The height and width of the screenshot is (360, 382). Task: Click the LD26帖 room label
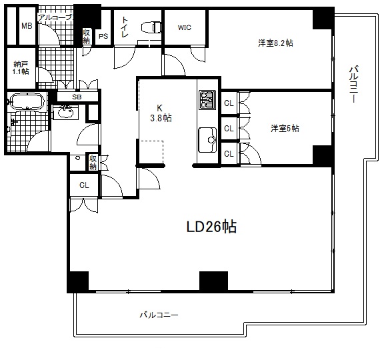[x=211, y=227]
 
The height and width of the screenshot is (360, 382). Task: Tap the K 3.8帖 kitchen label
[x=160, y=112]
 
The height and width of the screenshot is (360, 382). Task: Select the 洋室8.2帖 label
[x=276, y=43]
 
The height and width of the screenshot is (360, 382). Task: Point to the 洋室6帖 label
[x=285, y=128]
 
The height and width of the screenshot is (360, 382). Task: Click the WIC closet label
[x=185, y=28]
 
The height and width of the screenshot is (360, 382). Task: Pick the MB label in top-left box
[x=27, y=26]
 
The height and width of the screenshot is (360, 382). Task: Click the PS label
[x=103, y=37]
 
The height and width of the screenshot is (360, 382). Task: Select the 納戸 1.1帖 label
[x=21, y=67]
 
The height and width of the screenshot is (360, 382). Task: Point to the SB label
[x=77, y=97]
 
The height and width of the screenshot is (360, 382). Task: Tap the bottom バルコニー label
[x=159, y=313]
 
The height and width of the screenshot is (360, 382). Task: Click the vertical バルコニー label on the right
[x=354, y=84]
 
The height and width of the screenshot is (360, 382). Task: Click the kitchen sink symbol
[x=207, y=139]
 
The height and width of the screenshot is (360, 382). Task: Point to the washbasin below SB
[x=65, y=112]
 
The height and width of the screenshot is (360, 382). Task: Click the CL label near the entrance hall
[x=84, y=185]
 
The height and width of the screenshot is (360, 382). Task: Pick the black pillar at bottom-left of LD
[x=78, y=281]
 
